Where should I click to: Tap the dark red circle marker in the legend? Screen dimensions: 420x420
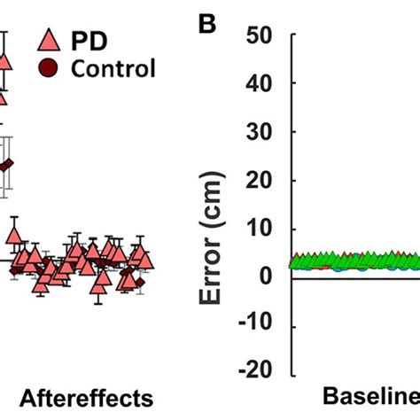click(x=50, y=68)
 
